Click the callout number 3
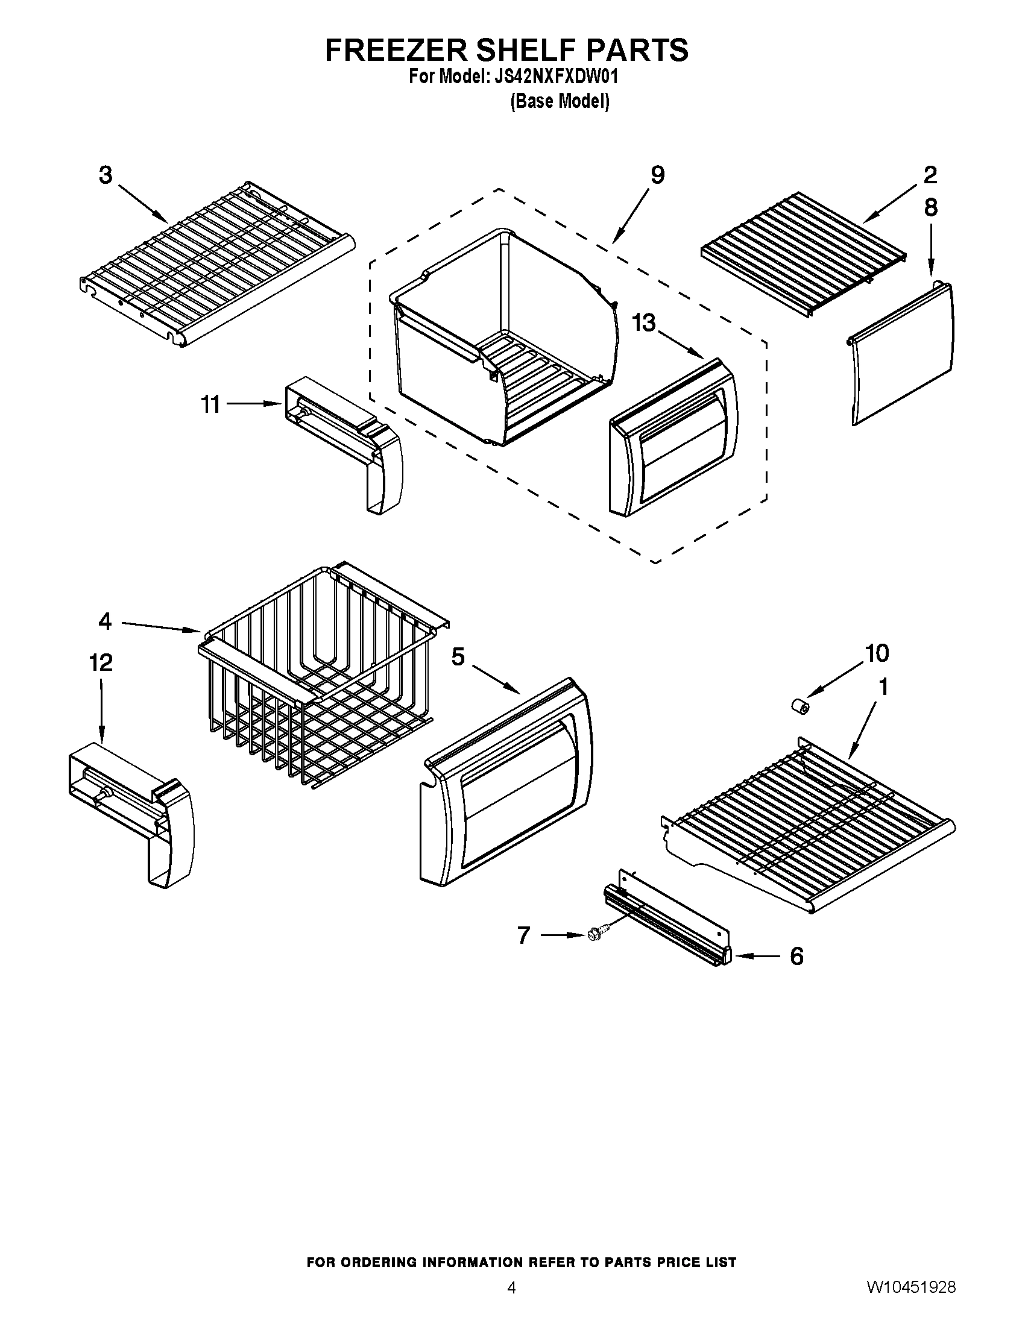(x=106, y=175)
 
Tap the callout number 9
(x=658, y=175)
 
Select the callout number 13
(x=645, y=323)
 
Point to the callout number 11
(x=210, y=404)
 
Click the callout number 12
(x=101, y=662)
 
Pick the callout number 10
(x=877, y=653)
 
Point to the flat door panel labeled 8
(x=902, y=355)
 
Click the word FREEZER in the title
(x=397, y=51)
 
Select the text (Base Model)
(x=560, y=101)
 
